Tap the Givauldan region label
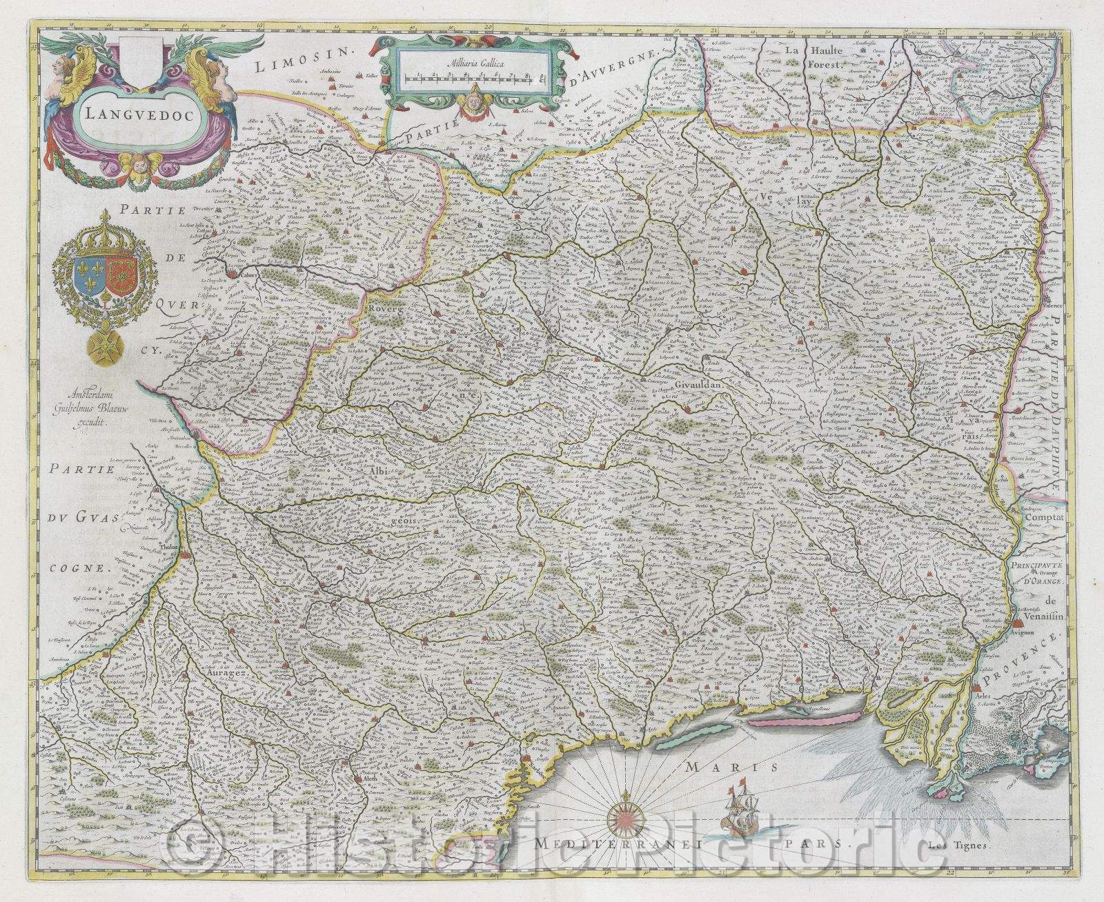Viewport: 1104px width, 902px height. point(697,387)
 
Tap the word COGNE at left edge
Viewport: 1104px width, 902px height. point(80,569)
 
